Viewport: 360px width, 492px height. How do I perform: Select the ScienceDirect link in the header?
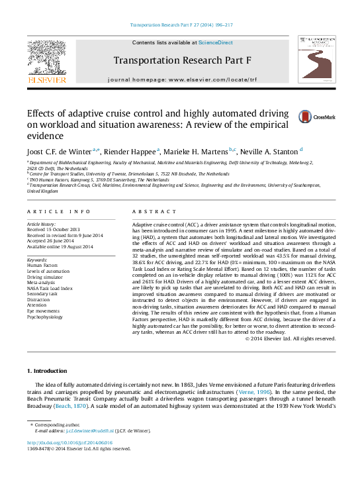click(x=215, y=42)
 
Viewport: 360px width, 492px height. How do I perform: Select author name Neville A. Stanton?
click(x=269, y=152)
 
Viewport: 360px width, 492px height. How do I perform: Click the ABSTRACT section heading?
click(x=154, y=211)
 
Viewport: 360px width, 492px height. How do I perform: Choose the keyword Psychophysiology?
click(x=45, y=317)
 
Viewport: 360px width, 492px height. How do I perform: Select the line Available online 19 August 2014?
click(x=60, y=247)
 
